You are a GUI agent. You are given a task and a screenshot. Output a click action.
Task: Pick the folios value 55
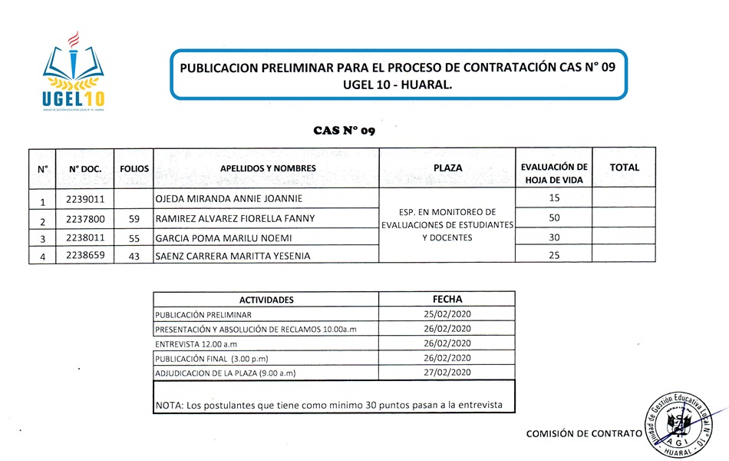pyautogui.click(x=134, y=238)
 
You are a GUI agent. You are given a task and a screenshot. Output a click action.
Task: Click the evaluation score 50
pyautogui.click(x=554, y=218)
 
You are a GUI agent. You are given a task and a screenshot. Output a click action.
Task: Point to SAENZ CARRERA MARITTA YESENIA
pyautogui.click(x=233, y=256)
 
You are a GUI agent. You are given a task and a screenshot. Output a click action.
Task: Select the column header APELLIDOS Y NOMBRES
pyautogui.click(x=268, y=167)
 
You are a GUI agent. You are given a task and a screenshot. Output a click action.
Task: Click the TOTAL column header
pyautogui.click(x=624, y=167)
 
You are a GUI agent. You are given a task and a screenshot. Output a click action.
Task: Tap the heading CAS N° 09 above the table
pyautogui.click(x=344, y=131)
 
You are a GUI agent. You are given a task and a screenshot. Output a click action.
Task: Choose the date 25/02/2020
pyautogui.click(x=447, y=314)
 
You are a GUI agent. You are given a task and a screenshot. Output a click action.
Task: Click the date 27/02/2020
pyautogui.click(x=447, y=373)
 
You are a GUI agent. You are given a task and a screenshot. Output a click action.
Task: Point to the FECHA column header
pyautogui.click(x=447, y=299)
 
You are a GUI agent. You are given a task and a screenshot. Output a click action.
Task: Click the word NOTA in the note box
pyautogui.click(x=168, y=404)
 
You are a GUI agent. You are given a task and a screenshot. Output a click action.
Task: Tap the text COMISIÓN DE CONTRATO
pyautogui.click(x=583, y=434)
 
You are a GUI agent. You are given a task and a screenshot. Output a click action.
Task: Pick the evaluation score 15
pyautogui.click(x=554, y=198)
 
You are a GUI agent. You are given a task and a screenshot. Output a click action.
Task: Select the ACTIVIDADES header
pyautogui.click(x=266, y=300)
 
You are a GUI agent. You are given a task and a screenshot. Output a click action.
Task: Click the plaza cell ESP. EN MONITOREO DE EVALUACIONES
pyautogui.click(x=447, y=224)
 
